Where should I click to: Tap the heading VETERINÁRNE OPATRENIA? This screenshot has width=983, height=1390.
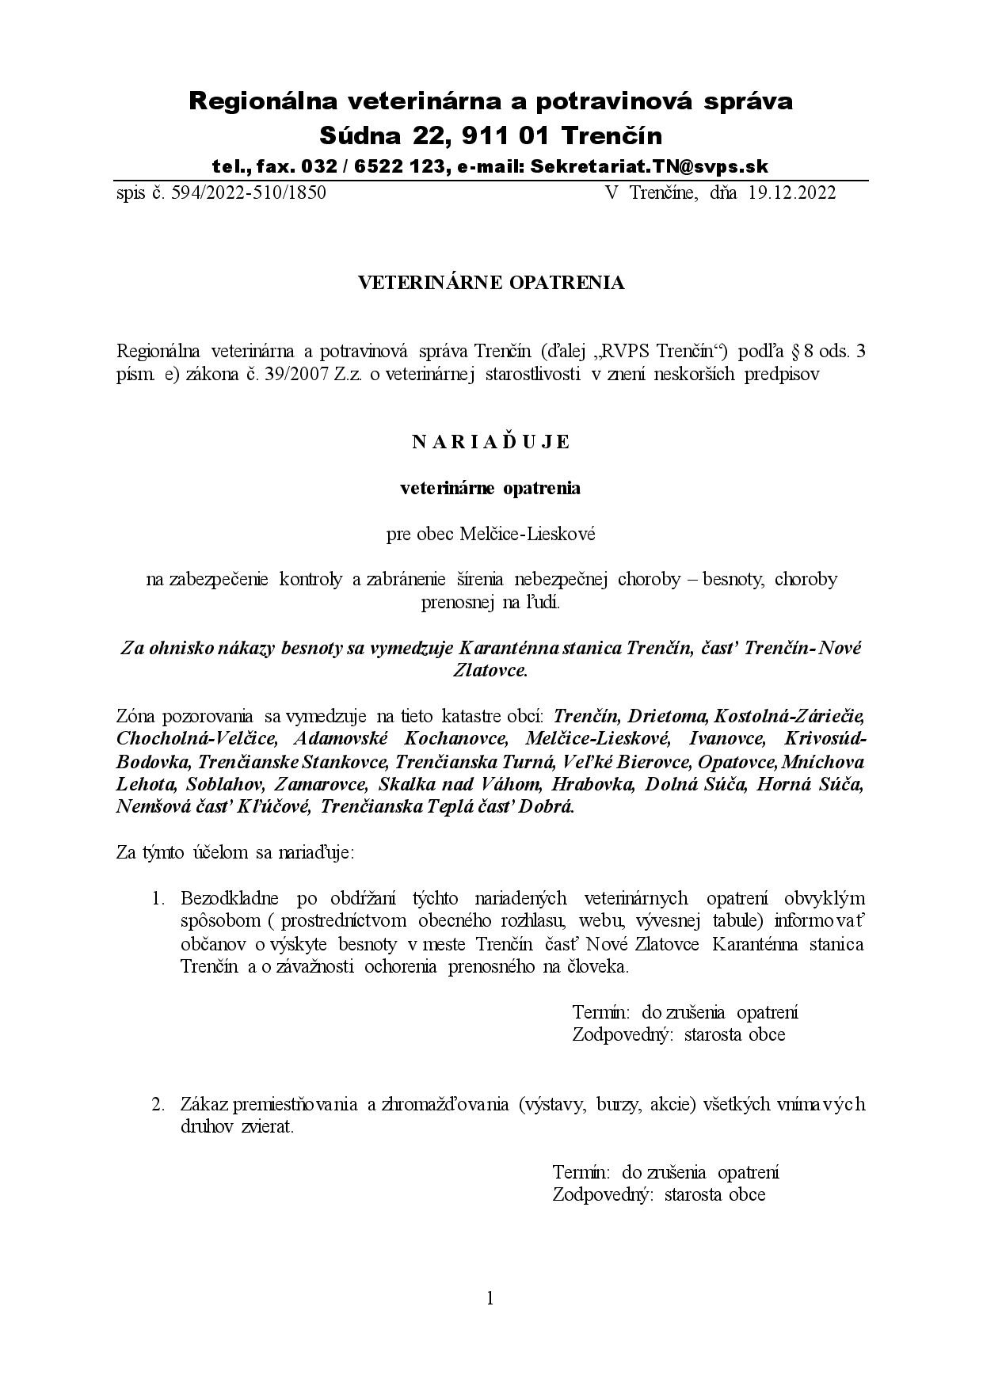point(491,283)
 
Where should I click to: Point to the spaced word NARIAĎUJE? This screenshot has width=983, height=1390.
point(491,442)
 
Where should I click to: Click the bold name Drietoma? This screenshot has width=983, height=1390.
point(668,716)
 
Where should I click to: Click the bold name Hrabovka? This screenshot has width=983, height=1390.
point(592,785)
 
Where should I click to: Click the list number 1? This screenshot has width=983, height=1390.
point(158,899)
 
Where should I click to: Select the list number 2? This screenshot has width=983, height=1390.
point(158,1104)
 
